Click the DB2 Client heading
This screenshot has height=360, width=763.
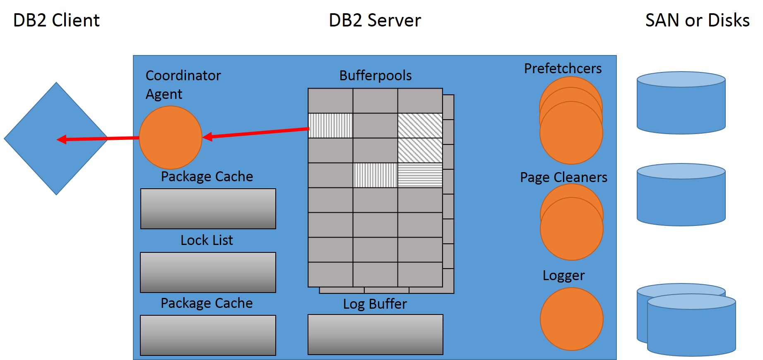(56, 20)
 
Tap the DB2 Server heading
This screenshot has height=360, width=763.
(375, 20)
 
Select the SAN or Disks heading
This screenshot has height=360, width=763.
(697, 20)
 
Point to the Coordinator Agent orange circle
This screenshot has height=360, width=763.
(171, 138)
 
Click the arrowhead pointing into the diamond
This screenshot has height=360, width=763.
(62, 139)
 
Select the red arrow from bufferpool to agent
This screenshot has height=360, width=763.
(257, 133)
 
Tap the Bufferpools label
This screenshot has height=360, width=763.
(375, 76)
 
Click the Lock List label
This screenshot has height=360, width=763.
(207, 240)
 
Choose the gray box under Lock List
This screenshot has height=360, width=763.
(208, 272)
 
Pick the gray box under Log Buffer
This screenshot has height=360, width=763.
(375, 334)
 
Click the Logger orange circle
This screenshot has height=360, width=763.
(571, 319)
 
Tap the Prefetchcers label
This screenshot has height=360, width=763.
(563, 69)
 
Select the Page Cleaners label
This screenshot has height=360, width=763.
(563, 178)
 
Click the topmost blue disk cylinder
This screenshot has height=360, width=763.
(681, 103)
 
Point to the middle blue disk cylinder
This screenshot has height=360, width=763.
(681, 195)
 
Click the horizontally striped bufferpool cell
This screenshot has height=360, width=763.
(420, 175)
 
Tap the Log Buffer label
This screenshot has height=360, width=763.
(375, 304)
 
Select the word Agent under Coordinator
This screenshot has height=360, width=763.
(164, 94)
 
